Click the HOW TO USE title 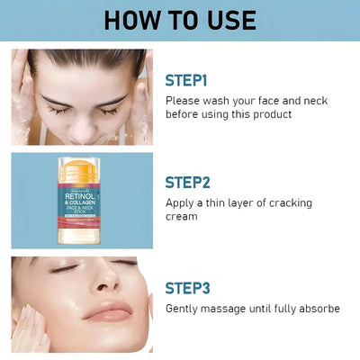[x=180, y=20]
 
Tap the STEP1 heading [x=186, y=80]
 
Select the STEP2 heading [x=187, y=182]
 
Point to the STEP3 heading [x=187, y=288]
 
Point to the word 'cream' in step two [x=181, y=217]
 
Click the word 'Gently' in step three [x=184, y=309]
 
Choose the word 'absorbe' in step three [x=317, y=309]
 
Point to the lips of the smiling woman [x=108, y=310]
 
